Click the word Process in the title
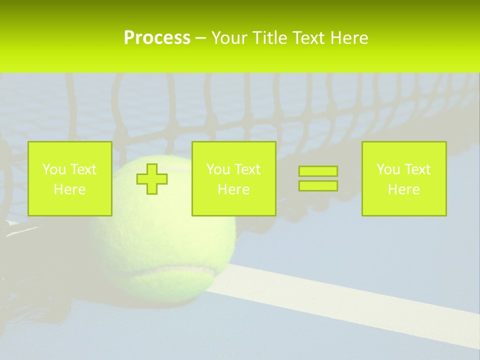coord(157,38)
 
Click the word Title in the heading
coord(268,38)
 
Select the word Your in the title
coord(228,38)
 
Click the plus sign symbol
coord(152,179)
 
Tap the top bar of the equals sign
coord(318,171)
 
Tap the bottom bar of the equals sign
coord(318,185)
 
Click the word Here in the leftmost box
coord(69,189)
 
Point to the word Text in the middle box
coord(248,169)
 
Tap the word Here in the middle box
coord(233,189)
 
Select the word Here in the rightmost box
coord(403,189)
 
